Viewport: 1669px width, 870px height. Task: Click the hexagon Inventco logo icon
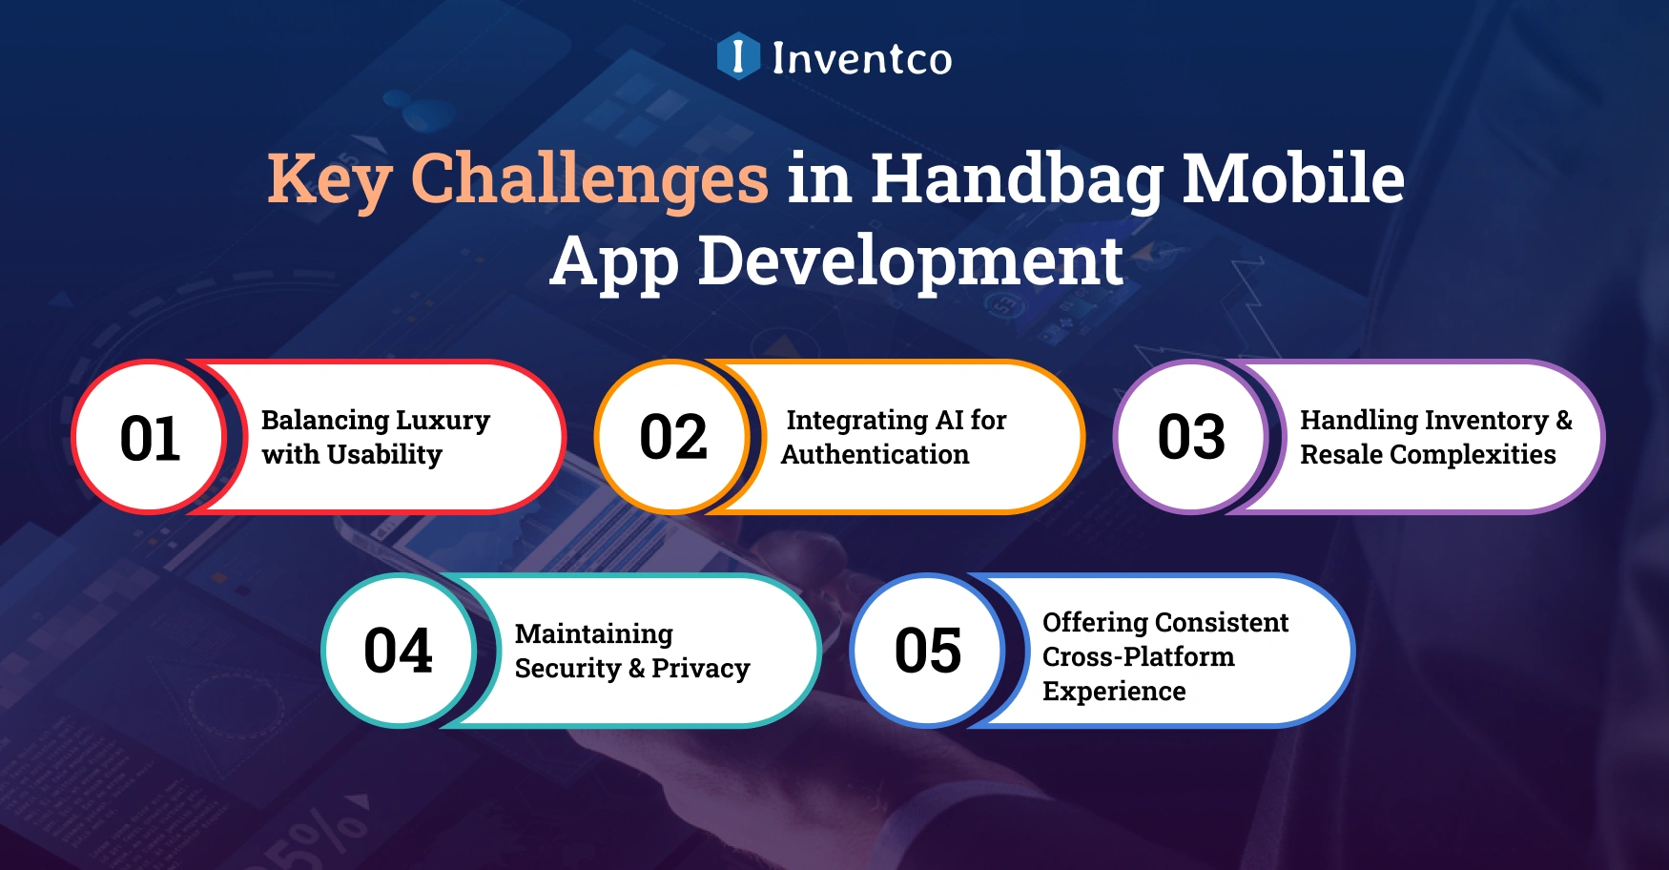click(738, 56)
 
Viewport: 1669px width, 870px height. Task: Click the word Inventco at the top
click(861, 58)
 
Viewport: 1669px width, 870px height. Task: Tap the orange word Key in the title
click(329, 179)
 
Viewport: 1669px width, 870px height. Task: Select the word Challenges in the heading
click(588, 179)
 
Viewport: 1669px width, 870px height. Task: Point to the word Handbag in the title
click(1017, 179)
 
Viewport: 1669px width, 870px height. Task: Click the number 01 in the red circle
click(150, 439)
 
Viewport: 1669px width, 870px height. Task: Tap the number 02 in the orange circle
click(673, 438)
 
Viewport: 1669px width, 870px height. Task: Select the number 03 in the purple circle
click(1191, 438)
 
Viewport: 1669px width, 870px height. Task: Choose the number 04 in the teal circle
click(398, 651)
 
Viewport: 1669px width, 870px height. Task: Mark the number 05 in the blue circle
click(927, 651)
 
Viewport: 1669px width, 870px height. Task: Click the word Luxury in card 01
click(443, 421)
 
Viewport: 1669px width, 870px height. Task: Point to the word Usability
click(384, 455)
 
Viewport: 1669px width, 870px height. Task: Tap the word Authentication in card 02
click(875, 455)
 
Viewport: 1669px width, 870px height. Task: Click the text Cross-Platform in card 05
click(1138, 657)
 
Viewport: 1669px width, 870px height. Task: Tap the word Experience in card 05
click(1114, 692)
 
